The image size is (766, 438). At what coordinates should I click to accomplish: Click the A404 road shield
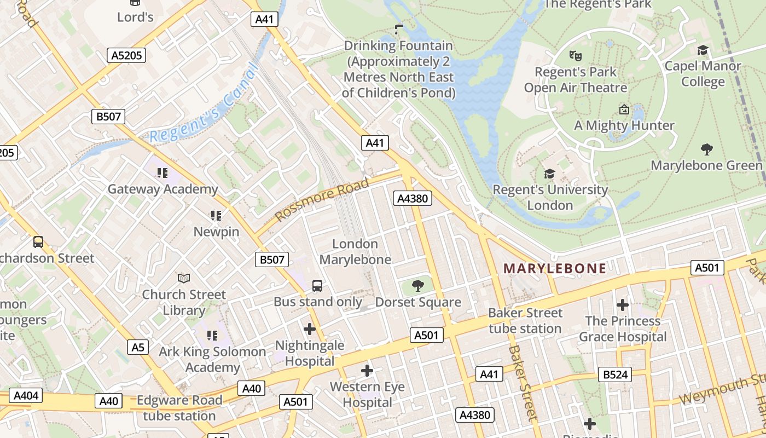pos(26,395)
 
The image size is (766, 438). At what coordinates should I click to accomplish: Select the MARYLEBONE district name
pos(555,268)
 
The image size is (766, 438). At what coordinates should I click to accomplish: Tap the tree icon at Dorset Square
pos(417,285)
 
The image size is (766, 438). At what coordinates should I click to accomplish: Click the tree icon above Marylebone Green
pos(706,149)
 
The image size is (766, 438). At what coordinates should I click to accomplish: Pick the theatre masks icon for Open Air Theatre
pos(575,55)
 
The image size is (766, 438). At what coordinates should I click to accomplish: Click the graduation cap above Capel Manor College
pos(703,50)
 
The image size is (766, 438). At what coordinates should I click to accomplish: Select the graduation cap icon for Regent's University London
pos(549,174)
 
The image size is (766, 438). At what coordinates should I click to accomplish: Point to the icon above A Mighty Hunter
pos(624,109)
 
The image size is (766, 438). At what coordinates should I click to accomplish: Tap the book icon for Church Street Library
pos(184,279)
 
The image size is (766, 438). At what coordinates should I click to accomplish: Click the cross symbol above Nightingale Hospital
pos(310,329)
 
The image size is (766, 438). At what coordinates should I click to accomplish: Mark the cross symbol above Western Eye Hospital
pos(367,371)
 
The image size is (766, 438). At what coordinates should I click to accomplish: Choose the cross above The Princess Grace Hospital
pos(623,305)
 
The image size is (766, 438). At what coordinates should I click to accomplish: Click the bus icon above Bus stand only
pos(317,285)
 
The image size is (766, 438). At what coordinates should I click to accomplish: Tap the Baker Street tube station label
pos(525,321)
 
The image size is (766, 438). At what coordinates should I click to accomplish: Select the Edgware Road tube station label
pos(179,408)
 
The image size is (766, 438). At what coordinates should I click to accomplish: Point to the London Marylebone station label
pos(355,252)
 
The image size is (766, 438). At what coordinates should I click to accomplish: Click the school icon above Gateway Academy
pos(162,173)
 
